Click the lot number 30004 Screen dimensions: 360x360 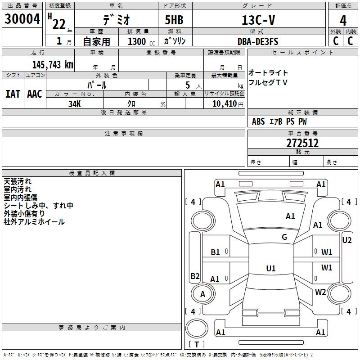(22, 19)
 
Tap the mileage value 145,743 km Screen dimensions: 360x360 (53, 65)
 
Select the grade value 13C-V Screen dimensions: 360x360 (258, 20)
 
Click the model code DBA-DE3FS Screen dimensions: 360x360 (258, 41)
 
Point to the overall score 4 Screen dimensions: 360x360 (343, 21)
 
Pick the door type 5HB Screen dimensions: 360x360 (174, 20)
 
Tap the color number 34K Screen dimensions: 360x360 (75, 104)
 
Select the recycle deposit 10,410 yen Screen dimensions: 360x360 (228, 104)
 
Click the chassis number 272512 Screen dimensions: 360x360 (302, 143)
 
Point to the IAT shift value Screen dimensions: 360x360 (13, 94)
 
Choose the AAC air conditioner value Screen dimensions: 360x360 (35, 94)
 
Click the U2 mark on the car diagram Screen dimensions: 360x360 (346, 240)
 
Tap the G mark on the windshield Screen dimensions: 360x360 (284, 237)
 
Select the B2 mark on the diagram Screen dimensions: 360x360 (195, 276)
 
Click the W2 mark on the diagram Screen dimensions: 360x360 (320, 292)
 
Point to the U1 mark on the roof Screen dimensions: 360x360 (271, 268)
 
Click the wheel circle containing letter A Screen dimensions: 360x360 (203, 294)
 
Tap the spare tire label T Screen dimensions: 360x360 (197, 344)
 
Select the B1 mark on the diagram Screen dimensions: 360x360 (215, 252)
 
